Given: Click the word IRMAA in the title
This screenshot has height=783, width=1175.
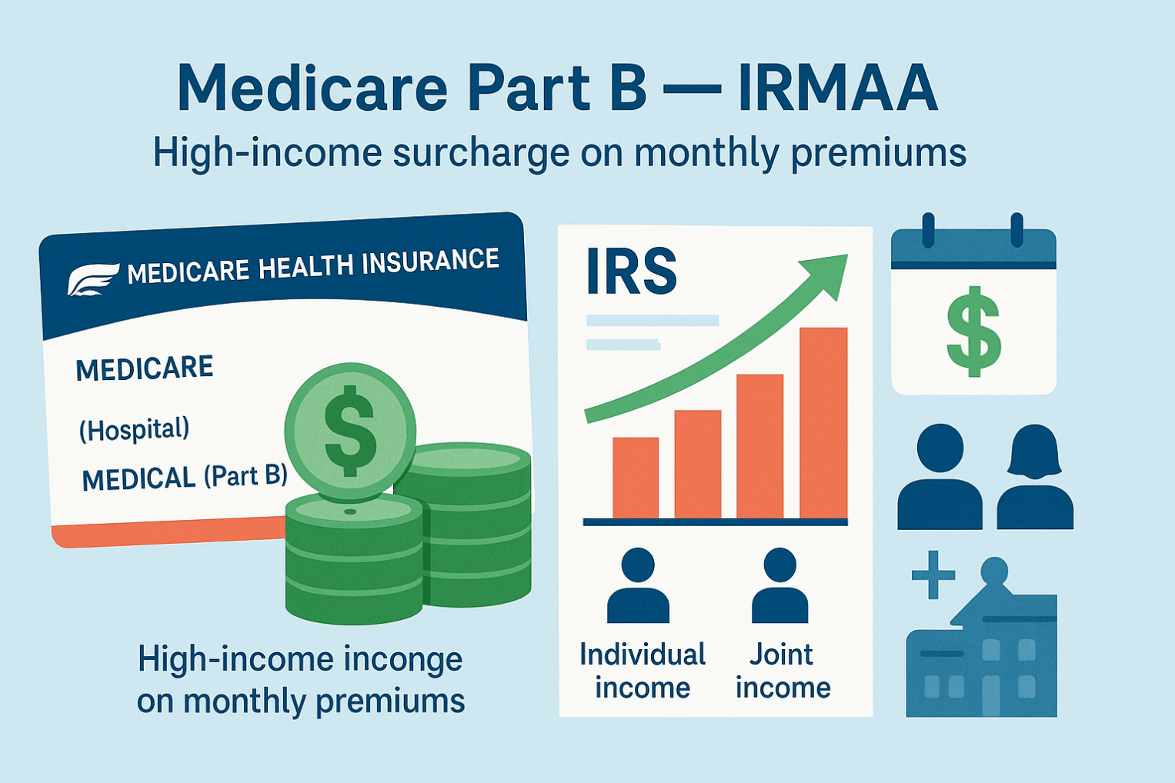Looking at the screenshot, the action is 837,87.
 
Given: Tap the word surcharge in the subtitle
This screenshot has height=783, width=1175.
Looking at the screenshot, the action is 481,154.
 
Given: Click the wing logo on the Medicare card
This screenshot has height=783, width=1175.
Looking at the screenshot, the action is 92,278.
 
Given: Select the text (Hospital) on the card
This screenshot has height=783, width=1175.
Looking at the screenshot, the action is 134,430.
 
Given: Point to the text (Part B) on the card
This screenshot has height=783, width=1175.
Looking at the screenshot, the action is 245,476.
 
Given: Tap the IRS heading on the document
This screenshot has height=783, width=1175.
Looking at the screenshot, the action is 631,271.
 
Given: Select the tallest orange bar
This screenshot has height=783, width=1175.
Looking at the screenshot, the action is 823,423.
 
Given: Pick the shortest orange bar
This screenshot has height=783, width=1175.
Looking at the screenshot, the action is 636,478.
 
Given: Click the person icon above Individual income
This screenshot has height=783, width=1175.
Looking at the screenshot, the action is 638,585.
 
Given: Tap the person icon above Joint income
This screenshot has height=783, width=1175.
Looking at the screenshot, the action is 780,585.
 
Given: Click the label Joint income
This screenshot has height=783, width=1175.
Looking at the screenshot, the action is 783,671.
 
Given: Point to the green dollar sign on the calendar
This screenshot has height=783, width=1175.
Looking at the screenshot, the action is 973,331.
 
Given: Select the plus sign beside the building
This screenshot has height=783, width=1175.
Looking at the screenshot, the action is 933,575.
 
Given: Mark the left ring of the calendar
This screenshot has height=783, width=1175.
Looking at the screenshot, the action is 928,230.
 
